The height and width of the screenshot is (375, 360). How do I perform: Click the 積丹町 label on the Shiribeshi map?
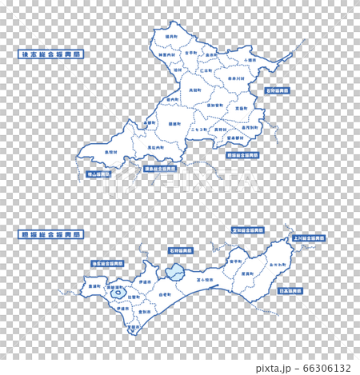pos(170,36)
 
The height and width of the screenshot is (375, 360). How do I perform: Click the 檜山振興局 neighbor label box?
pos(98,174)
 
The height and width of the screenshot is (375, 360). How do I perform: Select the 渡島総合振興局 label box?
pos(160,169)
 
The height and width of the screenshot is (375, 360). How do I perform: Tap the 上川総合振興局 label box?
pos(308,238)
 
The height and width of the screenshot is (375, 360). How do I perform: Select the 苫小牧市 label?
pos(203,281)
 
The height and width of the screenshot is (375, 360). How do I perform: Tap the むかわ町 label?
pos(278,264)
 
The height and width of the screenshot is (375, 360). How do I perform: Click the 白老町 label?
pos(165,295)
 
